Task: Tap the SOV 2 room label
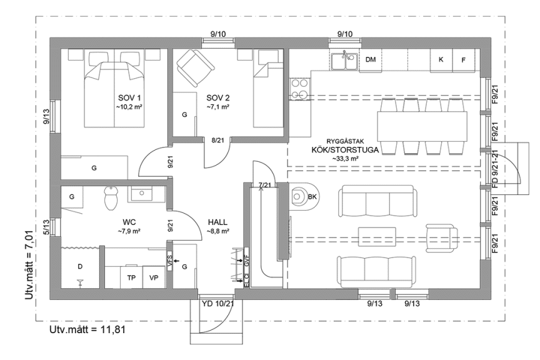pos(218,97)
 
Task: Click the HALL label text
pos(218,222)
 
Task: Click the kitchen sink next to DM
pos(344,61)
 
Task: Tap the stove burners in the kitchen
pos(298,89)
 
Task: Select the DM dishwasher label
pos(371,60)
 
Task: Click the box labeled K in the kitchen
pos(441,60)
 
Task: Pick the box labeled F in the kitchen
pos(463,60)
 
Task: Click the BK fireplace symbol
pos(307,196)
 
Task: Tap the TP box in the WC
pos(131,277)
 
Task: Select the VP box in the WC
pos(154,277)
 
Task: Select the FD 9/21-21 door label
pos(495,170)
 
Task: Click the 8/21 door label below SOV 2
pos(217,141)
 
